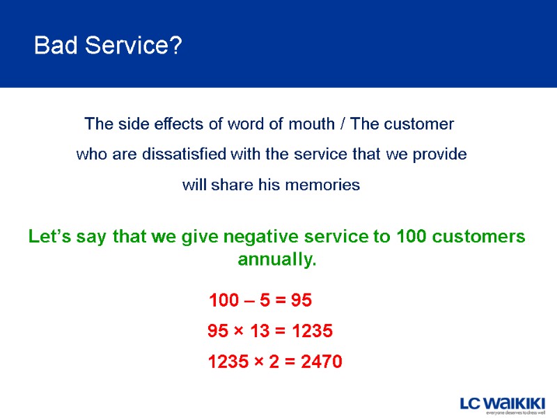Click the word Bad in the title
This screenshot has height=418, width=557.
54,47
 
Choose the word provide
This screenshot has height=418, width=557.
439,155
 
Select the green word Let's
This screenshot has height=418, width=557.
48,237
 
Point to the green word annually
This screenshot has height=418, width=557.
277,261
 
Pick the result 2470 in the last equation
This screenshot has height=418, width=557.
322,362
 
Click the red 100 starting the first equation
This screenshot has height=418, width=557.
223,301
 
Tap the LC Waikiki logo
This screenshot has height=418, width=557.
503,403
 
